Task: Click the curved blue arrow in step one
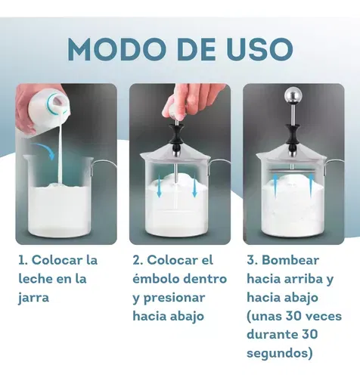tap(43, 150)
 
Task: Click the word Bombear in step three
tap(290, 260)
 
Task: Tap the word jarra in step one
tap(33, 299)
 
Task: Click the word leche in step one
tap(35, 279)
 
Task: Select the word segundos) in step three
tap(280, 354)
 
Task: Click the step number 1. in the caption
tap(23, 260)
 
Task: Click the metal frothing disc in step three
tap(292, 171)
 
